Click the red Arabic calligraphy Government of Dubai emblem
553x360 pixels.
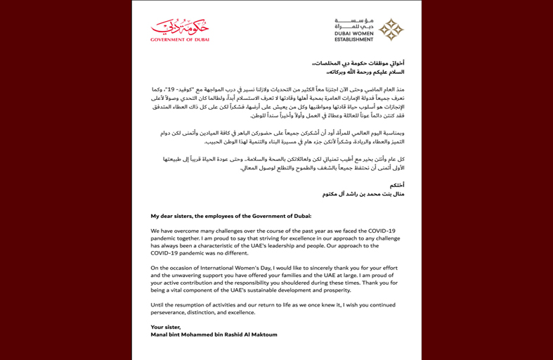[181, 27]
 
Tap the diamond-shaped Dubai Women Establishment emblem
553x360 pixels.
[391, 29]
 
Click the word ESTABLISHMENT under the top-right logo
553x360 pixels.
[354, 40]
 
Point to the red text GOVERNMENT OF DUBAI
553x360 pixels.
[180, 39]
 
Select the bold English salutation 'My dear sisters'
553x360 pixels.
[174, 216]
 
